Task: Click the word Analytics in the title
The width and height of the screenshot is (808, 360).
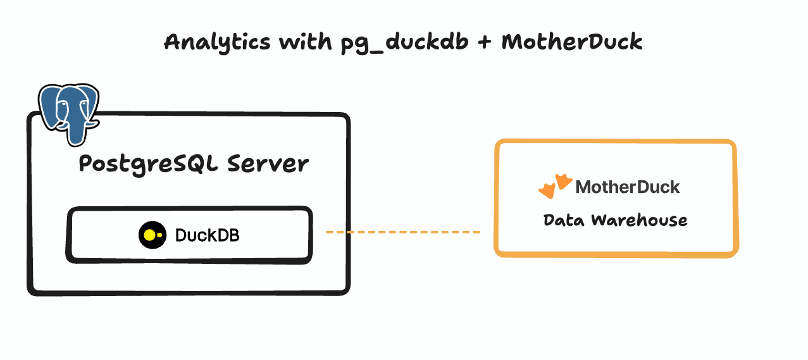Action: [211, 42]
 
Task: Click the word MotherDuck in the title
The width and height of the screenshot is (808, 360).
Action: [571, 42]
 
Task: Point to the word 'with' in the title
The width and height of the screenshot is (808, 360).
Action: [298, 42]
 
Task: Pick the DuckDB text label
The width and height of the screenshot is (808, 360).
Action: [207, 235]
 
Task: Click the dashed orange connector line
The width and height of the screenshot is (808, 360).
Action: [403, 232]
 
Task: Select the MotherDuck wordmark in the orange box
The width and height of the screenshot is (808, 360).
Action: [627, 187]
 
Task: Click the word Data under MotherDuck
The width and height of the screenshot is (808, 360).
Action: [563, 220]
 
